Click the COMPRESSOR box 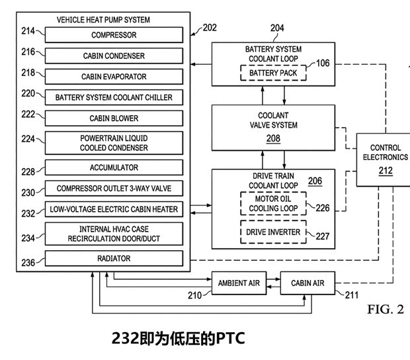(114, 35)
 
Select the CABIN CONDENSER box (114, 56)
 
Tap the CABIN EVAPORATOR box (114, 77)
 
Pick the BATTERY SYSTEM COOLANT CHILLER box (114, 97)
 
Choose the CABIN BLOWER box (114, 118)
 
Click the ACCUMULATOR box (114, 167)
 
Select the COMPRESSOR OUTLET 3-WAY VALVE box (114, 189)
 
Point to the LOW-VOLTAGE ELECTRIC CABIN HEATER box (114, 210)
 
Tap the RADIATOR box (114, 258)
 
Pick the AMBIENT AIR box (239, 283)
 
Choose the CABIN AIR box (309, 283)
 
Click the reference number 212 (386, 171)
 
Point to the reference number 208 (272, 138)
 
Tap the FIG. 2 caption (385, 309)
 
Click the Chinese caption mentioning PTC (179, 339)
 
